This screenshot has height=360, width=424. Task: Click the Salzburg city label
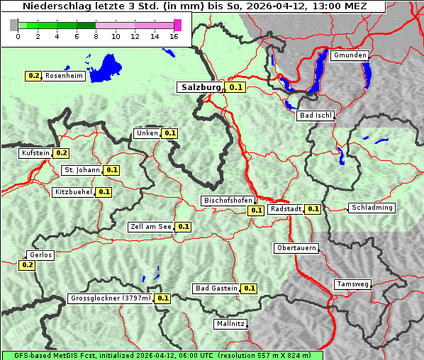pos(200,87)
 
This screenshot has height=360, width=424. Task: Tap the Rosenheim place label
pos(64,76)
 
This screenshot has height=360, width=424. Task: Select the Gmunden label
pos(350,55)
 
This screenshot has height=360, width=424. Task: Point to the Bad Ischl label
pos(315,116)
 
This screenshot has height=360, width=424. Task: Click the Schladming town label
pos(372,208)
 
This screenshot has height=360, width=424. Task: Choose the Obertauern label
pos(296,248)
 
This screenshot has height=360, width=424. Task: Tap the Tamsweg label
pos(352,284)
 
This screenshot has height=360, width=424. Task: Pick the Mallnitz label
pos(230,324)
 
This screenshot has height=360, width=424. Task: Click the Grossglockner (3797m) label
pos(111,298)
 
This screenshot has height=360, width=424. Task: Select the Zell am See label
pos(150,227)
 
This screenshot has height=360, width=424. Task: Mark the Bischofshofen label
pos(228,201)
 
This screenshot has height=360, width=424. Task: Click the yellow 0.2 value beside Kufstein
pos(61,152)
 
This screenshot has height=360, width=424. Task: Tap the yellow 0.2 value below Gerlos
pos(27,265)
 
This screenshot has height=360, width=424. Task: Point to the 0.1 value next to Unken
pos(169,133)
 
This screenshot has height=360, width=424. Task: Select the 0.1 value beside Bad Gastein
pos(249,288)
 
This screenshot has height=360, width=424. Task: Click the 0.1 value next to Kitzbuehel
pos(104,192)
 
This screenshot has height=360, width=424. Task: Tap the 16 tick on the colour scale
pos(174,36)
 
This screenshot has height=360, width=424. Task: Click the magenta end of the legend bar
pos(177,25)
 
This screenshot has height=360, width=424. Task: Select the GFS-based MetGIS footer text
pos(162,355)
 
